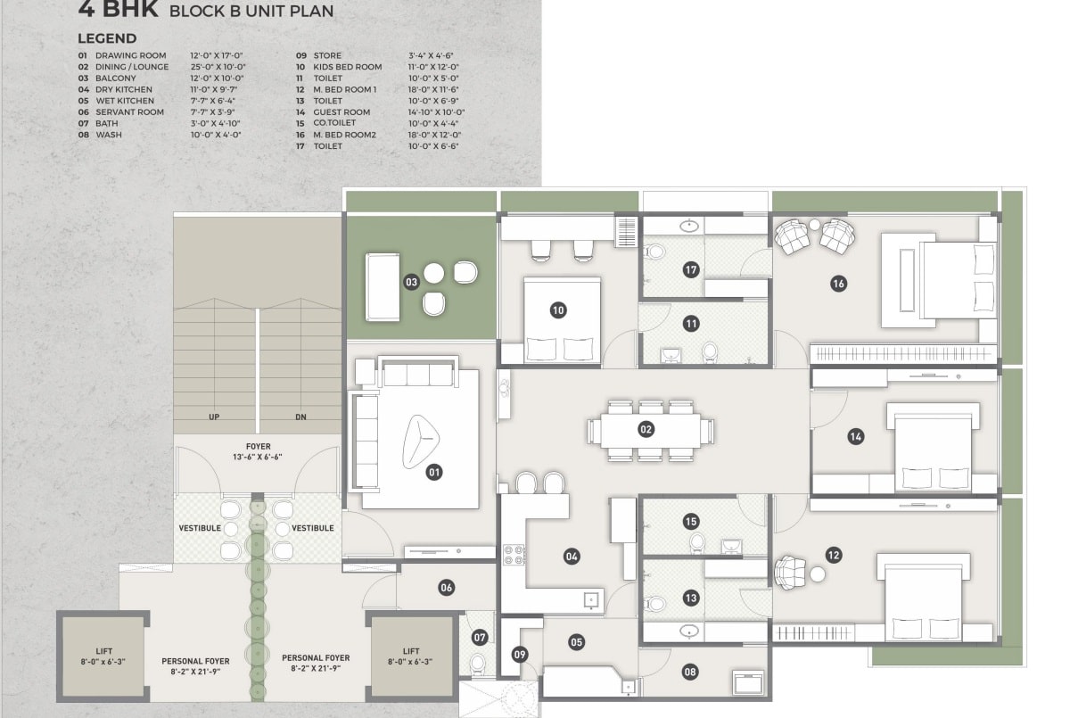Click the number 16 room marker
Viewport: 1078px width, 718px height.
point(838,284)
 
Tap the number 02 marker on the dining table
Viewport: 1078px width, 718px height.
point(646,429)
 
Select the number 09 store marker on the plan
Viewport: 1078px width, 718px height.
point(520,655)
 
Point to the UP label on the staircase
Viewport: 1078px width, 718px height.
point(214,417)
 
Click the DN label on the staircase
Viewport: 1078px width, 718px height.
point(300,417)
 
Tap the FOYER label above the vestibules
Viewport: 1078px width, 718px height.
point(259,446)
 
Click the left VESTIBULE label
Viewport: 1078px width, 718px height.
point(200,528)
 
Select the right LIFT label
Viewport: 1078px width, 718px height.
point(410,651)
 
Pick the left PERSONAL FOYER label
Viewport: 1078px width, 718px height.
point(195,661)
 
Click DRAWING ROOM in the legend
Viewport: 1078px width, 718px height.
point(130,55)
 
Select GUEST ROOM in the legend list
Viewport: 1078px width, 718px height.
point(342,112)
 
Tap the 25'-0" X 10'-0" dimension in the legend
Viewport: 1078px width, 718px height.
point(218,67)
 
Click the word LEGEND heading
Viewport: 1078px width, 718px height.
point(107,38)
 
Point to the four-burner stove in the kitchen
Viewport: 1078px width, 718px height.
point(514,554)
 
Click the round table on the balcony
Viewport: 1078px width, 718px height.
point(433,274)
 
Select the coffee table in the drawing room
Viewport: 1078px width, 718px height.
point(421,442)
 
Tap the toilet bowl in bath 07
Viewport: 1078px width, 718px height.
point(478,664)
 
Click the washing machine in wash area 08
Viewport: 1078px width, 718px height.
point(748,682)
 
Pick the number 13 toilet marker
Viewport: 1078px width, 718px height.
point(691,598)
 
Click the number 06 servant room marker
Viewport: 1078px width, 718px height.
point(446,588)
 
